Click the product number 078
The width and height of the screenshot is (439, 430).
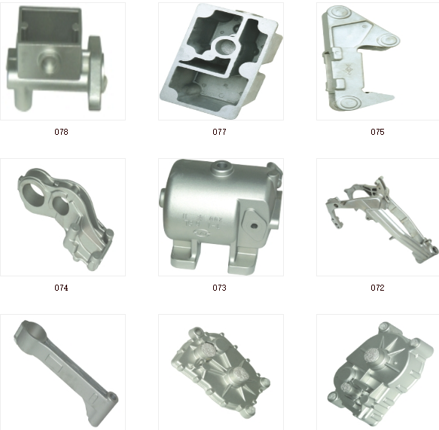pos(61,132)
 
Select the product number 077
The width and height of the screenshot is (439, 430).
pos(219,132)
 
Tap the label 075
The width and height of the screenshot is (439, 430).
pos(377,132)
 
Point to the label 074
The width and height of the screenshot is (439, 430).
pos(61,288)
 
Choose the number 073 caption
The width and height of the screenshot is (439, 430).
pos(219,288)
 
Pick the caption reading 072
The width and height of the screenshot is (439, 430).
pos(377,288)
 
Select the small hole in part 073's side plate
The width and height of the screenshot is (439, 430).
pos(255,226)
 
